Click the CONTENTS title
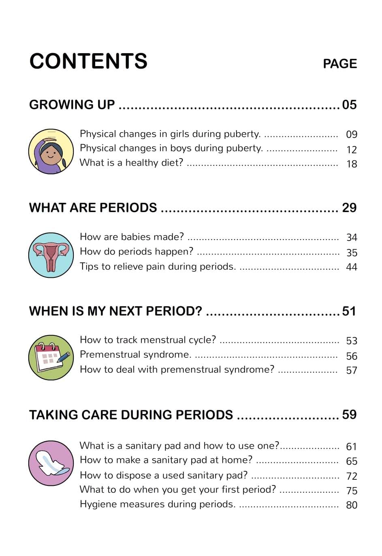(88, 61)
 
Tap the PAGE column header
(339, 64)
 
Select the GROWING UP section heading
(72, 105)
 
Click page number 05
(349, 105)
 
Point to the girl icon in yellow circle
(51, 152)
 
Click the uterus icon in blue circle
(51, 255)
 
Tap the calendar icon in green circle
(51, 357)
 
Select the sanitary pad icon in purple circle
(51, 463)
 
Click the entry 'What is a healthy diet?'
(131, 163)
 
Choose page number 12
(351, 150)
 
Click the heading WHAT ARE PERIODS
(93, 208)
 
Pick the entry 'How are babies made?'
(132, 237)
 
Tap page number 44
(351, 267)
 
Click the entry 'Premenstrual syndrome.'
(135, 354)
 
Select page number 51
(349, 311)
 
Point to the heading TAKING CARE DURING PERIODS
(131, 415)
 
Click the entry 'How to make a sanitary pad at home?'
(166, 460)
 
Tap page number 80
(352, 505)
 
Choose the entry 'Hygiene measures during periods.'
(157, 504)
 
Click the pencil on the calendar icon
(64, 356)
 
